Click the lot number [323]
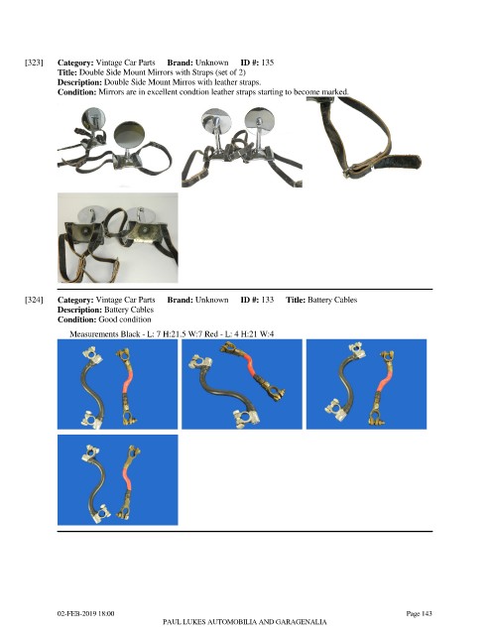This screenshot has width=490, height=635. (x=34, y=63)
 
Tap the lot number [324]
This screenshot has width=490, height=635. (x=34, y=300)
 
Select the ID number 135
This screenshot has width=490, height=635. (x=267, y=63)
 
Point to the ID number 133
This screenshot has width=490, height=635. (x=267, y=300)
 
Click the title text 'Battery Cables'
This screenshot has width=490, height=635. (x=332, y=300)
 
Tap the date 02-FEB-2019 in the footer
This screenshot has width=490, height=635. (x=76, y=613)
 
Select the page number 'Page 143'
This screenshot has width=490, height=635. (x=420, y=613)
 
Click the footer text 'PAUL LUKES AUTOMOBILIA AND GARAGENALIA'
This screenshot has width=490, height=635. (x=245, y=622)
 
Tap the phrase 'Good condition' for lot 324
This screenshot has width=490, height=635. (x=125, y=319)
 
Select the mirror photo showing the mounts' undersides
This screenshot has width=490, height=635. (x=118, y=238)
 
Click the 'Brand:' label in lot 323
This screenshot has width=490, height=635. (x=180, y=63)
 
